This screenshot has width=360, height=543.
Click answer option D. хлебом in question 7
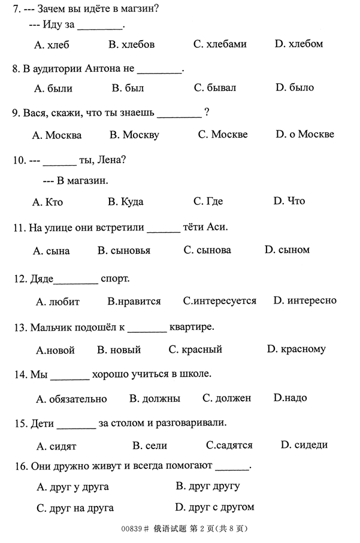point(298,44)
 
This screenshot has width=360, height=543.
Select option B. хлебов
point(131,44)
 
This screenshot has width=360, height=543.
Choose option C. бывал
point(214,87)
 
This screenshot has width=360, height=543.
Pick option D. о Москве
point(305,134)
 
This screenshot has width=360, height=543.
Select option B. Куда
point(125,201)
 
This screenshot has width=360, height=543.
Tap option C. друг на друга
point(75,508)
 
